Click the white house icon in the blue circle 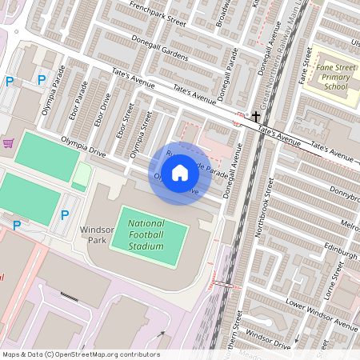(180, 173)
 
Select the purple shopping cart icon (9, 143)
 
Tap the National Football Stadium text (146, 234)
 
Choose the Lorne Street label (329, 286)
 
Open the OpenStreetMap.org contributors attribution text (104, 354)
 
